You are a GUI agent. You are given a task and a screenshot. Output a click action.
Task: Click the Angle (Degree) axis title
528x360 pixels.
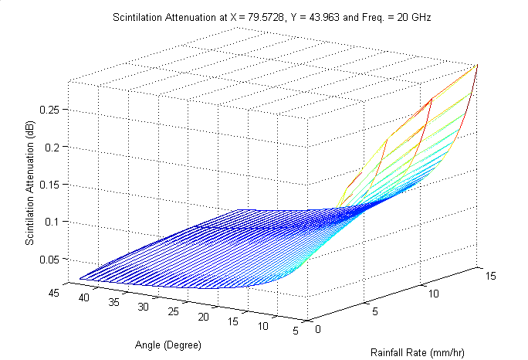[168, 344]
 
